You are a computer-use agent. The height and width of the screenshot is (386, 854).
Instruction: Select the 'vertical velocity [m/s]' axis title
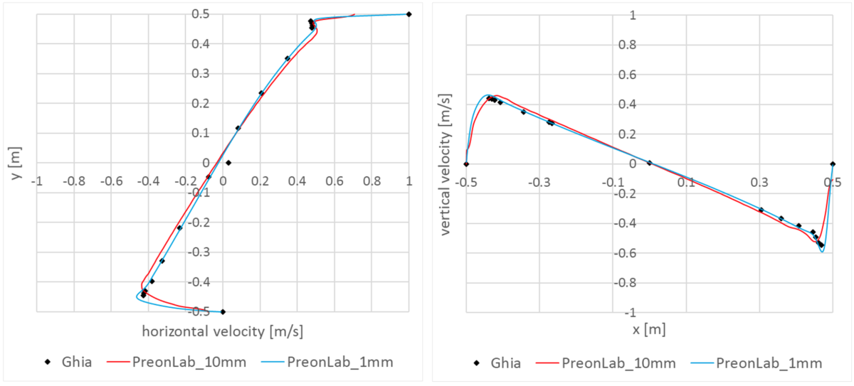pos(447,163)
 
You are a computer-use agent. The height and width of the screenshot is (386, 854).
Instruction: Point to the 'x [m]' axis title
pos(649,331)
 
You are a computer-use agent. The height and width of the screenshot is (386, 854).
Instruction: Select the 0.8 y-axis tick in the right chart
pos(451,45)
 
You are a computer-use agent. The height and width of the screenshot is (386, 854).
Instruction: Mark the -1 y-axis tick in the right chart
pos(454,313)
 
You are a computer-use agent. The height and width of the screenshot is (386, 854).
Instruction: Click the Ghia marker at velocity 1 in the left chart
pos(408,14)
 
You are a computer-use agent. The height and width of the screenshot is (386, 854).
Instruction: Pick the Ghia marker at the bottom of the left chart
pos(223,311)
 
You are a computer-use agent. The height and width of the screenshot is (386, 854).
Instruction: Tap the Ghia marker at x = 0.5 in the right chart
pos(833,164)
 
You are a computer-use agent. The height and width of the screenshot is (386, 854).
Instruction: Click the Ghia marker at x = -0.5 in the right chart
pos(466,164)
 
